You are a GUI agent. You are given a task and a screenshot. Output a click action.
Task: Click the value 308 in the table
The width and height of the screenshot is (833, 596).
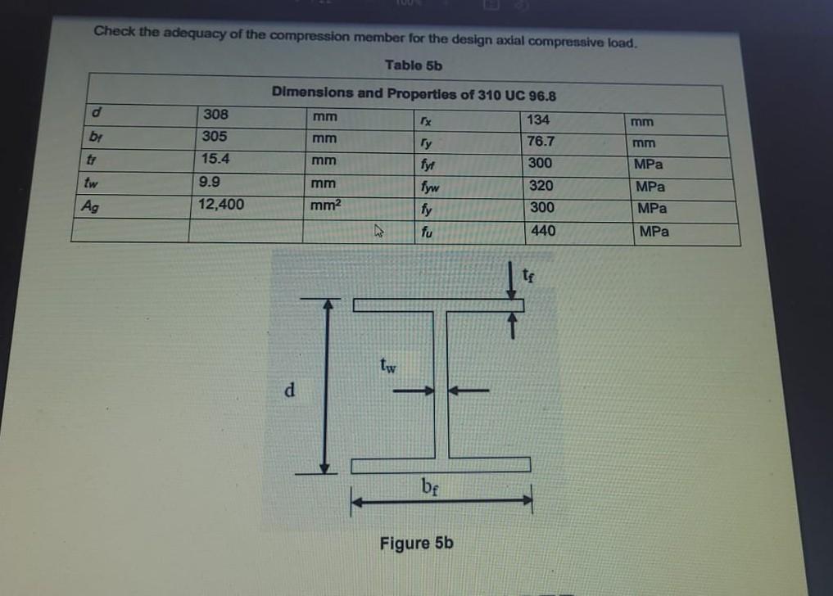pyautogui.click(x=215, y=114)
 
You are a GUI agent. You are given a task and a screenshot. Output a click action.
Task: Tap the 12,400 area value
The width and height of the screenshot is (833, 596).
pyautogui.click(x=221, y=204)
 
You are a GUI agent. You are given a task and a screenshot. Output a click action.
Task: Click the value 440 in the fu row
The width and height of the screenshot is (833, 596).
pyautogui.click(x=543, y=231)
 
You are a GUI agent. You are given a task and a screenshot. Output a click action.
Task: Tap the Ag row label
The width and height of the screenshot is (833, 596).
pyautogui.click(x=89, y=206)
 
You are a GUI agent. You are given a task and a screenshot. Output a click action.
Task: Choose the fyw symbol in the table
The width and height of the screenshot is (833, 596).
pyautogui.click(x=427, y=187)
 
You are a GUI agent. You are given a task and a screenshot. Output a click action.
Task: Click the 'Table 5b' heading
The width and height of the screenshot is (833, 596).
pyautogui.click(x=413, y=65)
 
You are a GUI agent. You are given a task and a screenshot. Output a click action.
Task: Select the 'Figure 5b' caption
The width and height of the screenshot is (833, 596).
pyautogui.click(x=416, y=543)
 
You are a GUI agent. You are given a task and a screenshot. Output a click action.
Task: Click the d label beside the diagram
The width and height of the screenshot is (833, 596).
pyautogui.click(x=288, y=390)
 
